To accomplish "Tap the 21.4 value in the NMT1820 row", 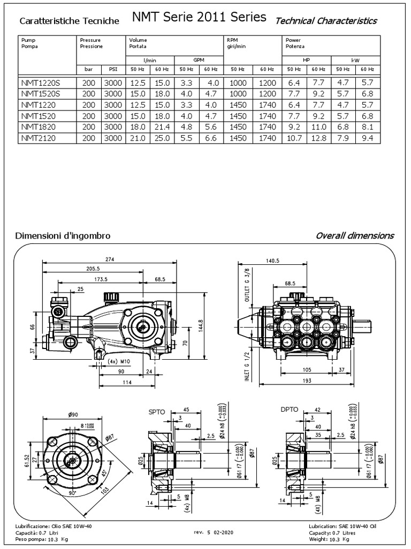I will [162, 127].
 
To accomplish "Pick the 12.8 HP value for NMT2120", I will [318, 138].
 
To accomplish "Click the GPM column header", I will [199, 60].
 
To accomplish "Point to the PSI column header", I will [113, 70].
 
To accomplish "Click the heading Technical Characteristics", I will [325, 21].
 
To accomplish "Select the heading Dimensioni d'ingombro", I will [63, 236].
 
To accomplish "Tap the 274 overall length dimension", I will [110, 259].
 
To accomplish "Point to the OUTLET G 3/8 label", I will [247, 286].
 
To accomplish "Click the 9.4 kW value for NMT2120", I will [367, 138].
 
